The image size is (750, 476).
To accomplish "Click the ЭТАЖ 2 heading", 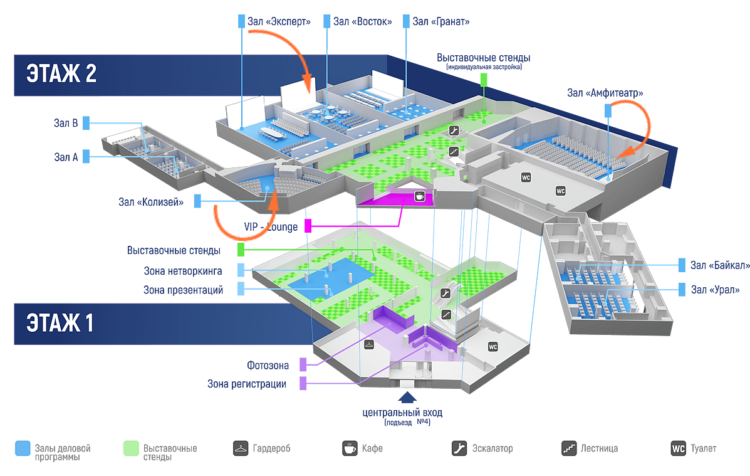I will point(61,73).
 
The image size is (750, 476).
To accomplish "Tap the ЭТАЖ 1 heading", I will point(60,323).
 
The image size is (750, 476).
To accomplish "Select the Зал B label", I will point(66,122).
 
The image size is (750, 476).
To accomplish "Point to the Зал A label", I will point(66,157).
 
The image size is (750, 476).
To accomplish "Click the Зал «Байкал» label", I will point(719,265).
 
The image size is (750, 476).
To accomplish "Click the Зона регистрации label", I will point(247,383).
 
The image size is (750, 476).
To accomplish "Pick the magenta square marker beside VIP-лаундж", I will point(308,226).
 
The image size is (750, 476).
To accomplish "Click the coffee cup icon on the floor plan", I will point(420,196).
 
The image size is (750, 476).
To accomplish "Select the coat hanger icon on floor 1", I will point(368,344).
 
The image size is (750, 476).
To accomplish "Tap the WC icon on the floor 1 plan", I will point(492,346).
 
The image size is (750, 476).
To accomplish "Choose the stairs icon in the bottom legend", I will point(569,448).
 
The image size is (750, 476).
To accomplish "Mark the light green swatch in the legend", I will point(131,448).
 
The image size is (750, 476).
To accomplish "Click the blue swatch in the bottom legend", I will point(23,448).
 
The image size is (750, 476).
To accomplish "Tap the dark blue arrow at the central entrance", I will point(407,397).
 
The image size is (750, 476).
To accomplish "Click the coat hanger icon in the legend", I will point(240,448).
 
